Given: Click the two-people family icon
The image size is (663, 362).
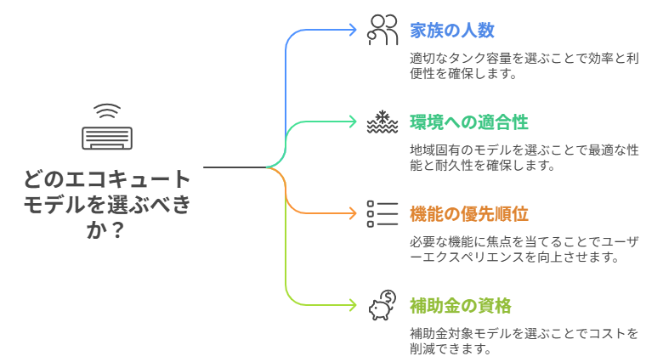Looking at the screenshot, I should click(x=382, y=30).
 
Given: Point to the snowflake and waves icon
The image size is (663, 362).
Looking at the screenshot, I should click(x=382, y=122).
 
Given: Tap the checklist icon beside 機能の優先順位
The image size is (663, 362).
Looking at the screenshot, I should click(x=382, y=213).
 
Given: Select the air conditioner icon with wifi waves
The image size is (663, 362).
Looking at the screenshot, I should click(x=107, y=128).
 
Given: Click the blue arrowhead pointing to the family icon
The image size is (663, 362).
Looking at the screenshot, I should click(x=352, y=30).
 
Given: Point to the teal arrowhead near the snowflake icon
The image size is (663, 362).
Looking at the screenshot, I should click(x=352, y=122).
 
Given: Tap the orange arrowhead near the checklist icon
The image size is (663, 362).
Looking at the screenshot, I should click(x=352, y=213).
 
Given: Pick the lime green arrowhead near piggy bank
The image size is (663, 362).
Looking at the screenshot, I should click(x=352, y=305).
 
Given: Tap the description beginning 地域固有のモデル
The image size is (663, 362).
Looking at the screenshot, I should click(x=523, y=158).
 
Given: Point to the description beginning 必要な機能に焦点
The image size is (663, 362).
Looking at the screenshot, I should click(x=523, y=250).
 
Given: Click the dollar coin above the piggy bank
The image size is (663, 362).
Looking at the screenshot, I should click(x=388, y=297).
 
